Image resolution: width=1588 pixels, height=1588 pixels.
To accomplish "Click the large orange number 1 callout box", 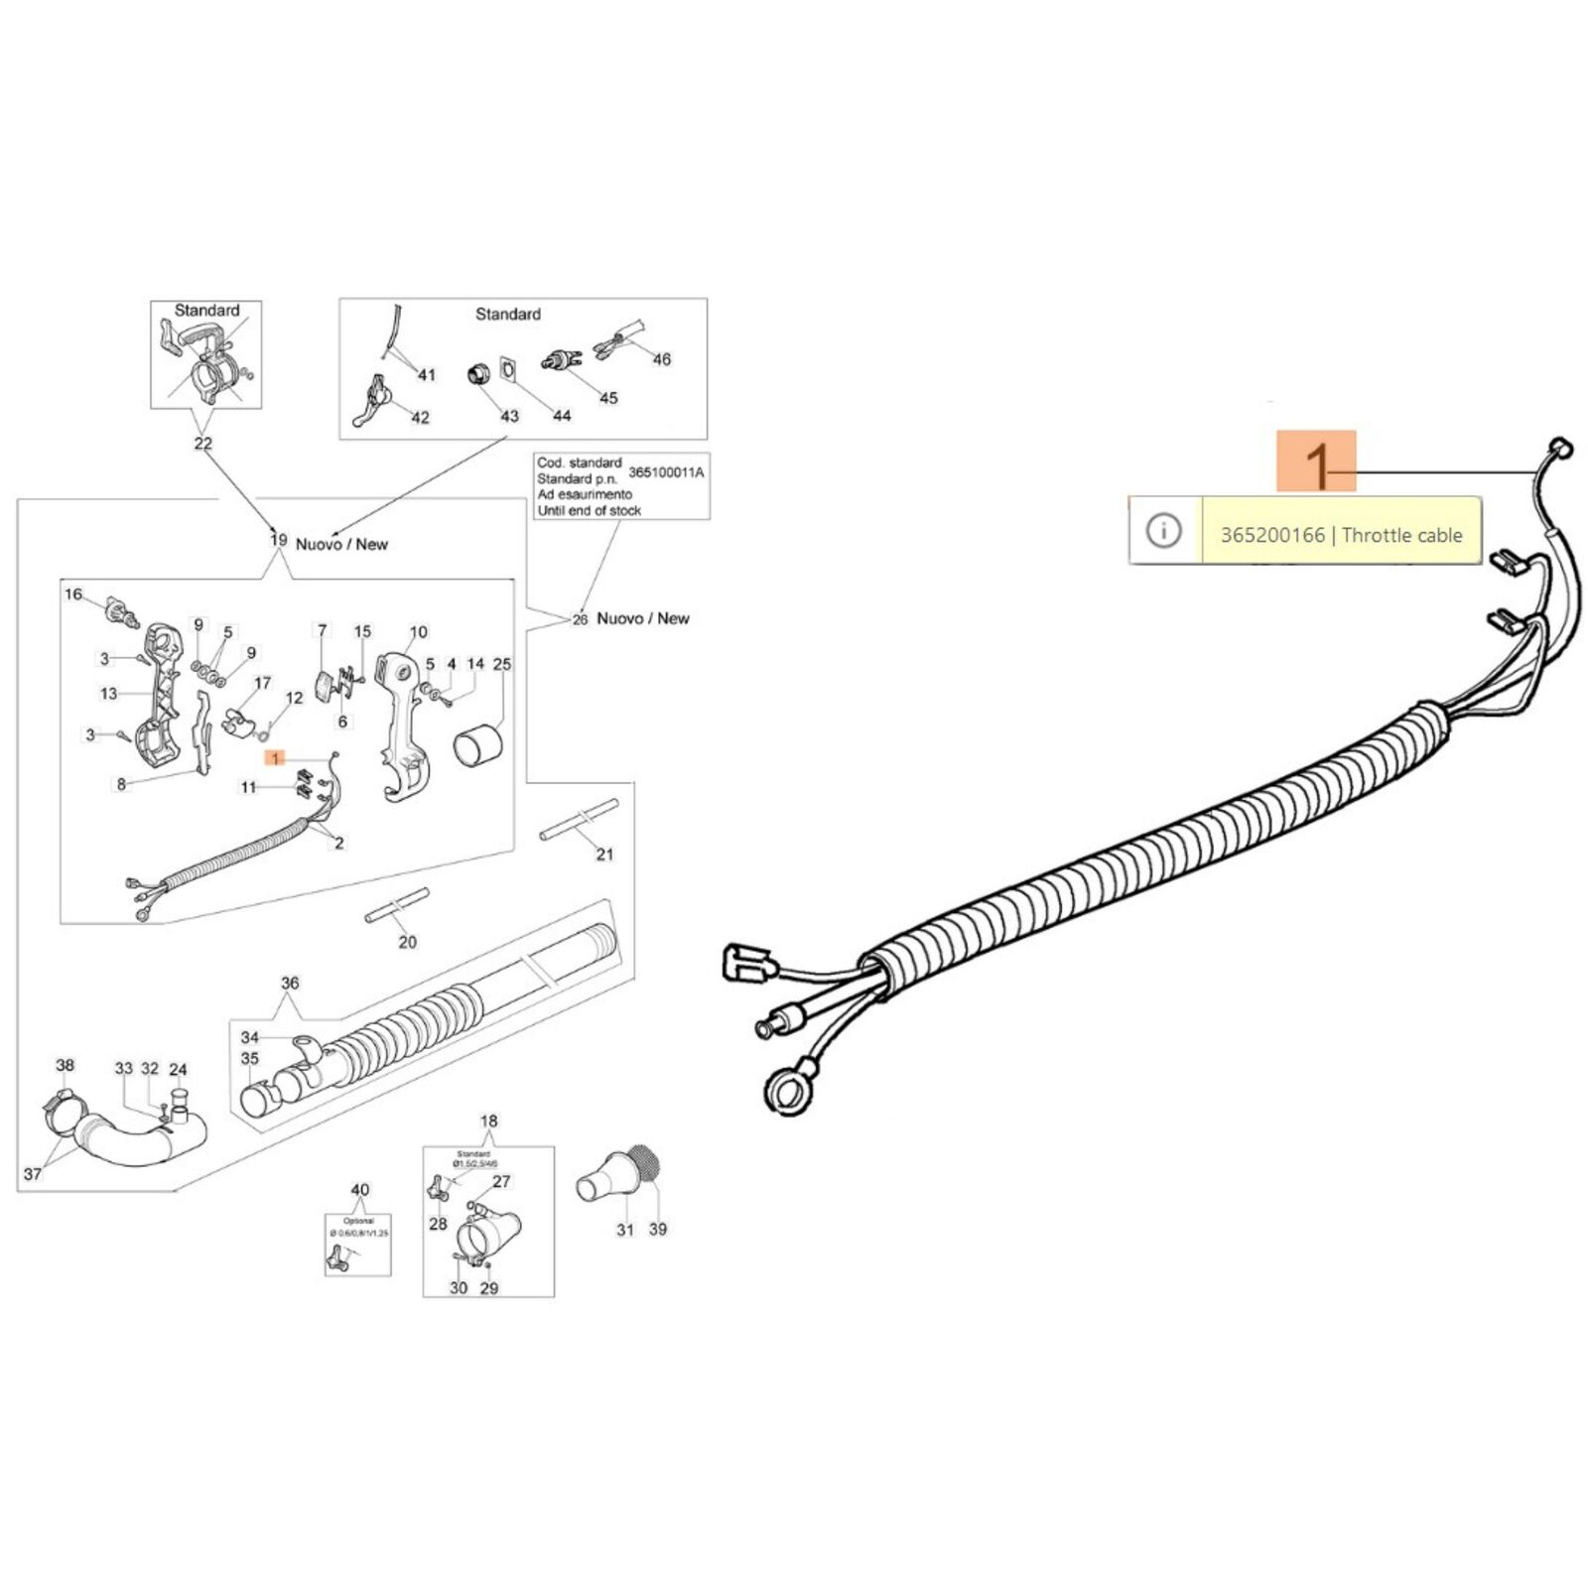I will click(1315, 461).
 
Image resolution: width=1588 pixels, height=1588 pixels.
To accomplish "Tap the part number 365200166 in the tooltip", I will click(1272, 535).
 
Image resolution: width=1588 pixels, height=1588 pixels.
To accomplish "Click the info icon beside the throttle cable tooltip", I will click(1163, 531).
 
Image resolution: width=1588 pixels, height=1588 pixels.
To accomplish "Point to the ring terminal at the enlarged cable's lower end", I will click(787, 1089).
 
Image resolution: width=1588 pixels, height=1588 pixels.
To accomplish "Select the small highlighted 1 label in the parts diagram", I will click(275, 758).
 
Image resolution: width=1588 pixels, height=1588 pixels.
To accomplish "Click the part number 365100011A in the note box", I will click(666, 472).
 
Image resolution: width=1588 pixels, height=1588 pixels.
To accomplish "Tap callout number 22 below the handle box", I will click(203, 444).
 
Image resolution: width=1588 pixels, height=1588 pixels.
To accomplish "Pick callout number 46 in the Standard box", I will click(662, 359).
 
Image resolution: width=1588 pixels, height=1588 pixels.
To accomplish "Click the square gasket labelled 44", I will click(509, 370).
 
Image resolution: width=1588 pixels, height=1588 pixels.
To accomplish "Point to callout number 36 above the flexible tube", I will click(290, 984).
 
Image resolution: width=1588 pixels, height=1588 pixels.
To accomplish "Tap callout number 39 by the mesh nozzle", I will click(658, 1229).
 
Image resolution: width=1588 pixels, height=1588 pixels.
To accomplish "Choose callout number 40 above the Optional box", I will click(360, 1190).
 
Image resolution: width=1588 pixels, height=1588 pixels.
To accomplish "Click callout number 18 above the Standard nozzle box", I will click(489, 1122).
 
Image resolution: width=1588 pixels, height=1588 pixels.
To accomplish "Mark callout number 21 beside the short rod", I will click(604, 854).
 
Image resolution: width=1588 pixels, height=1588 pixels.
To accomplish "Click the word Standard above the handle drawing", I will click(207, 311).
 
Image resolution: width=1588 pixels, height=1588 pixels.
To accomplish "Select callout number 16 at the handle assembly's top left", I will click(73, 595).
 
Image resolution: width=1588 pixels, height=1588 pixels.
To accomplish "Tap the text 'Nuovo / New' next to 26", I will click(643, 618).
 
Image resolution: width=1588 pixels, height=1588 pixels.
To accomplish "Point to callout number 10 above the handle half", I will click(419, 632).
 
